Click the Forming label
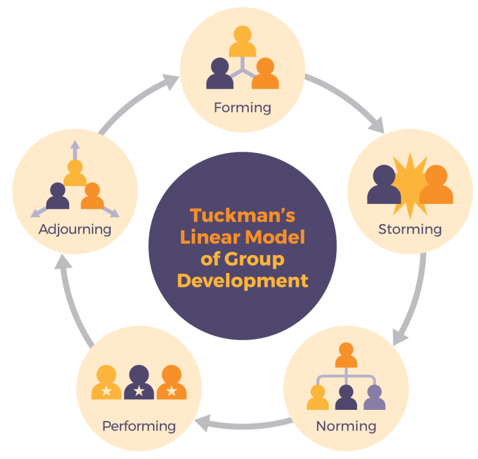(x=242, y=108)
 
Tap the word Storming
(x=410, y=229)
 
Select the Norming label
(x=346, y=426)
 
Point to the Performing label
(x=139, y=426)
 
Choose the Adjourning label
(x=75, y=229)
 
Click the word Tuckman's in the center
(x=242, y=215)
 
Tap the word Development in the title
(x=243, y=281)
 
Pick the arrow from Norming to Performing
(x=244, y=425)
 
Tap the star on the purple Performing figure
(x=139, y=391)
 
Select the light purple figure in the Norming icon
(x=374, y=397)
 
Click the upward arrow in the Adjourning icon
(x=75, y=150)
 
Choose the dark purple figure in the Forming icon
(x=220, y=73)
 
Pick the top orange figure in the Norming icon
(x=346, y=355)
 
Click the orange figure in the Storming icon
(x=436, y=185)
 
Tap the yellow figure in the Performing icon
(x=106, y=382)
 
